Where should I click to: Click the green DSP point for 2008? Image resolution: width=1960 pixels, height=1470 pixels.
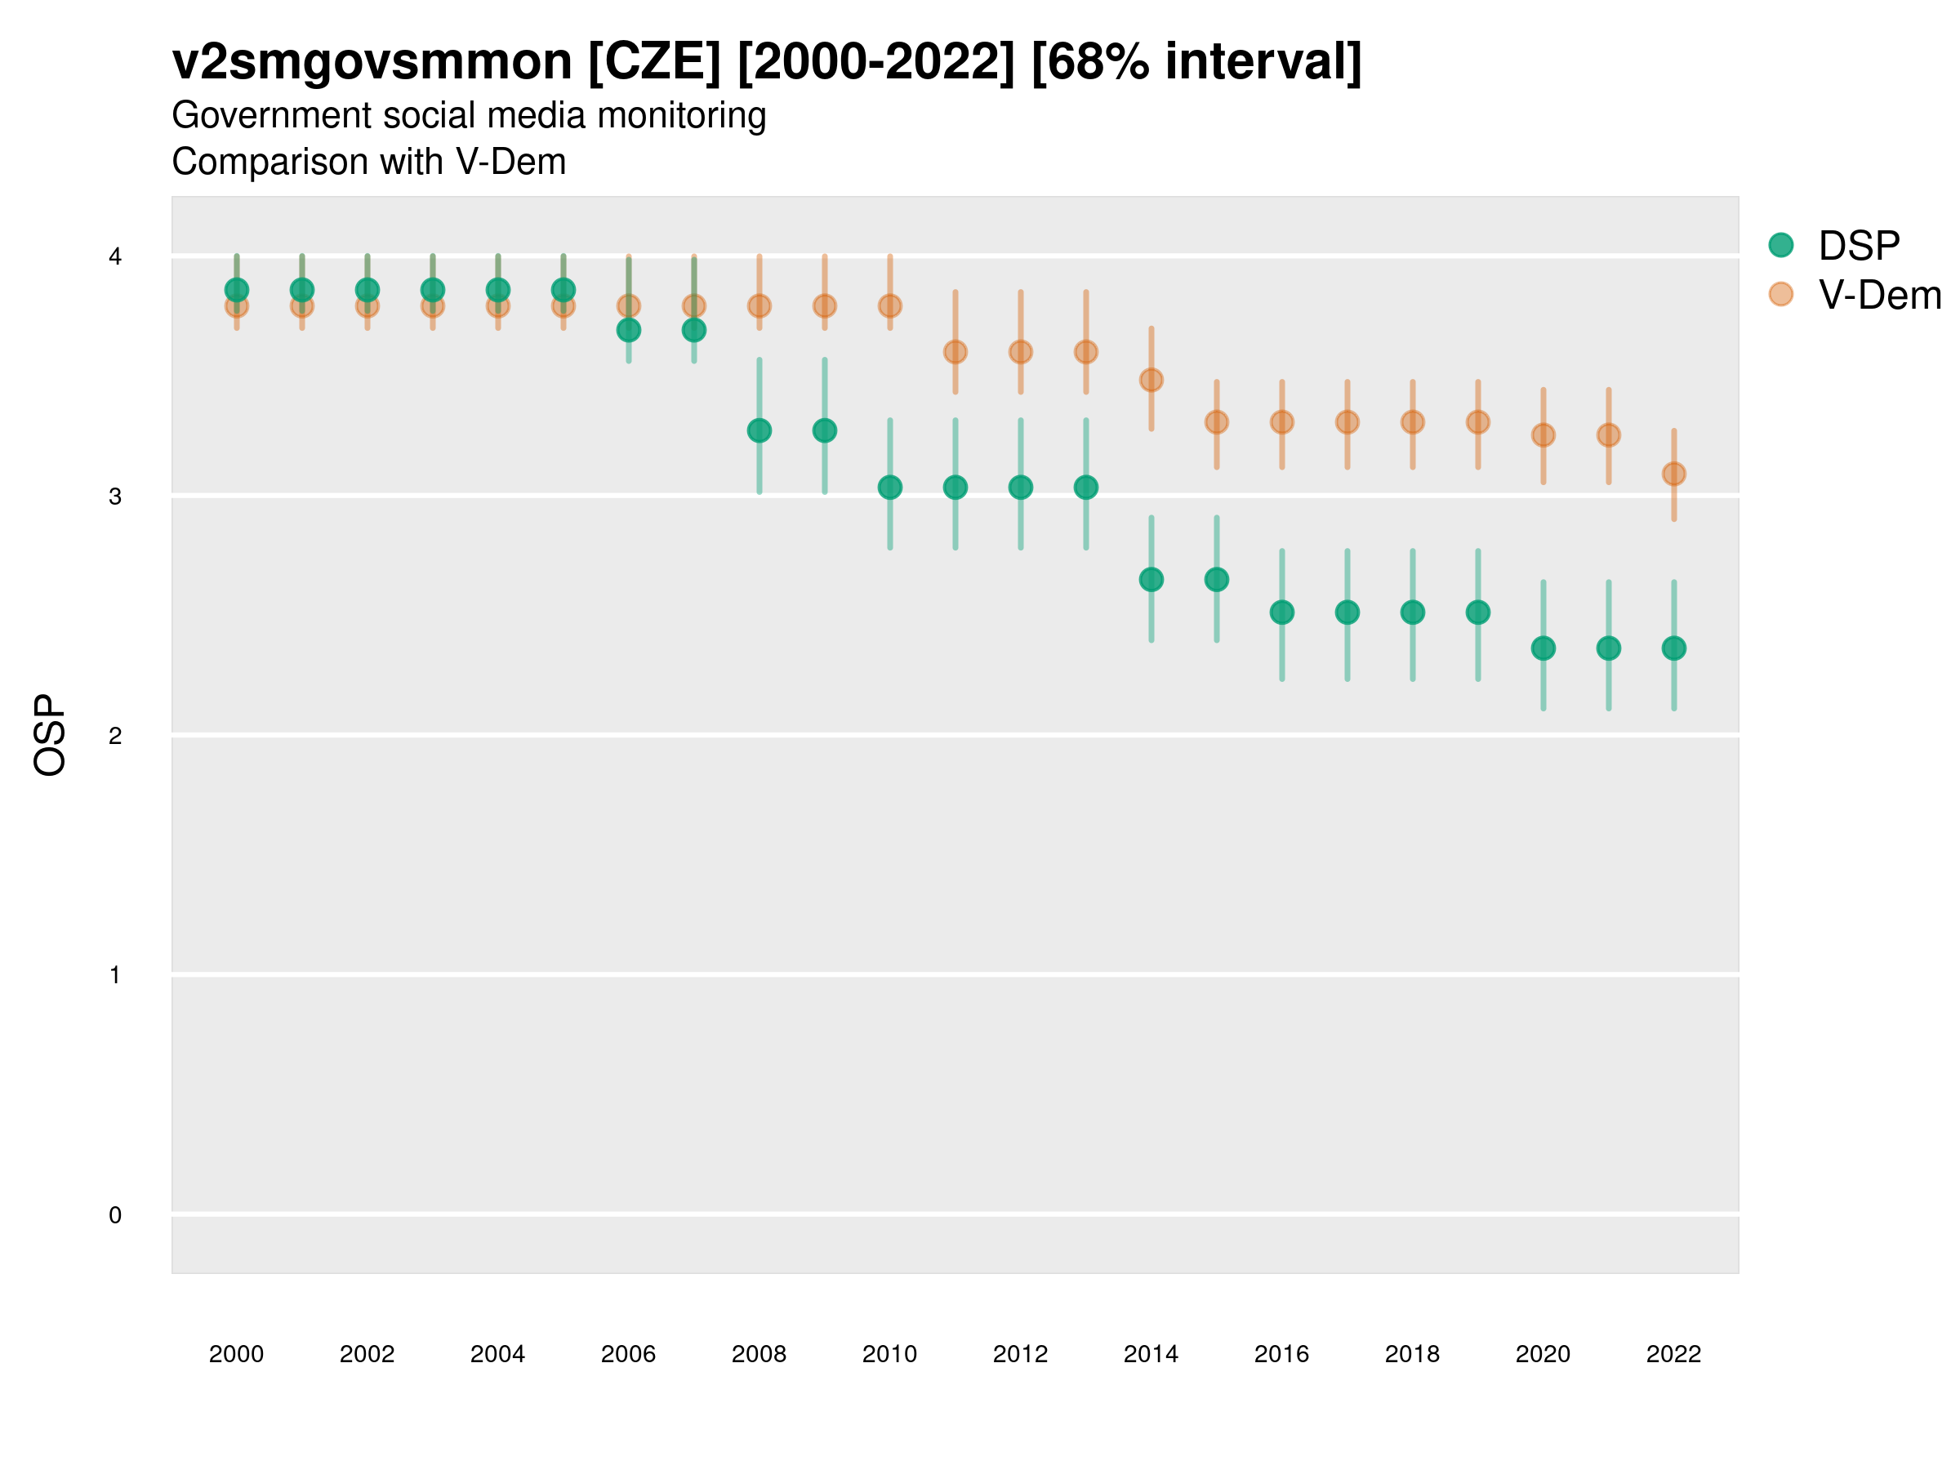(759, 430)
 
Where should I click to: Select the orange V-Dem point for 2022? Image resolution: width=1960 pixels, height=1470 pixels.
(1674, 474)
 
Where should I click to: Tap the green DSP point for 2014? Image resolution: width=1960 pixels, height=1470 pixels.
(1151, 580)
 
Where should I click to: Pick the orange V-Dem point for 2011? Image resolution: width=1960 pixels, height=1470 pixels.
(955, 352)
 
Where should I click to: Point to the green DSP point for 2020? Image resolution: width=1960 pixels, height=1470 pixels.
(1543, 648)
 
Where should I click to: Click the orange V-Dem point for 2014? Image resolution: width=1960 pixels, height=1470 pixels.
(1151, 380)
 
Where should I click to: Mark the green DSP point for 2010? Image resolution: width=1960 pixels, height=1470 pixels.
(889, 488)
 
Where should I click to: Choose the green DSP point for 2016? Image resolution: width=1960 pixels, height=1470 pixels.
(1282, 612)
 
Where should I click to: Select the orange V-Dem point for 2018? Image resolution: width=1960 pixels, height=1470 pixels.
(1412, 421)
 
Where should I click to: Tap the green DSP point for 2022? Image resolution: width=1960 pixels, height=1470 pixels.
(1674, 648)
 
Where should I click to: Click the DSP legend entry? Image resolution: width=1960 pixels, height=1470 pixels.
(1858, 246)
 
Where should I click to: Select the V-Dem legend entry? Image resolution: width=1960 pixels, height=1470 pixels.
(1878, 295)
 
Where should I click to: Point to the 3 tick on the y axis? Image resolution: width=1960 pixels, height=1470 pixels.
(115, 497)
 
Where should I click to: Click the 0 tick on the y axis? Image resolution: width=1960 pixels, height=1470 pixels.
(115, 1215)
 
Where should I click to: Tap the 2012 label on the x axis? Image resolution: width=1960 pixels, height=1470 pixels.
(1020, 1354)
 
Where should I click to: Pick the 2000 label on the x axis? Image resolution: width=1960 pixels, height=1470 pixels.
(237, 1354)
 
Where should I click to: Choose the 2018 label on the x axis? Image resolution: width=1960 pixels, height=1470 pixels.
(1412, 1354)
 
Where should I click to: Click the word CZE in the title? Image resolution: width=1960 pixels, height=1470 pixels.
(655, 62)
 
